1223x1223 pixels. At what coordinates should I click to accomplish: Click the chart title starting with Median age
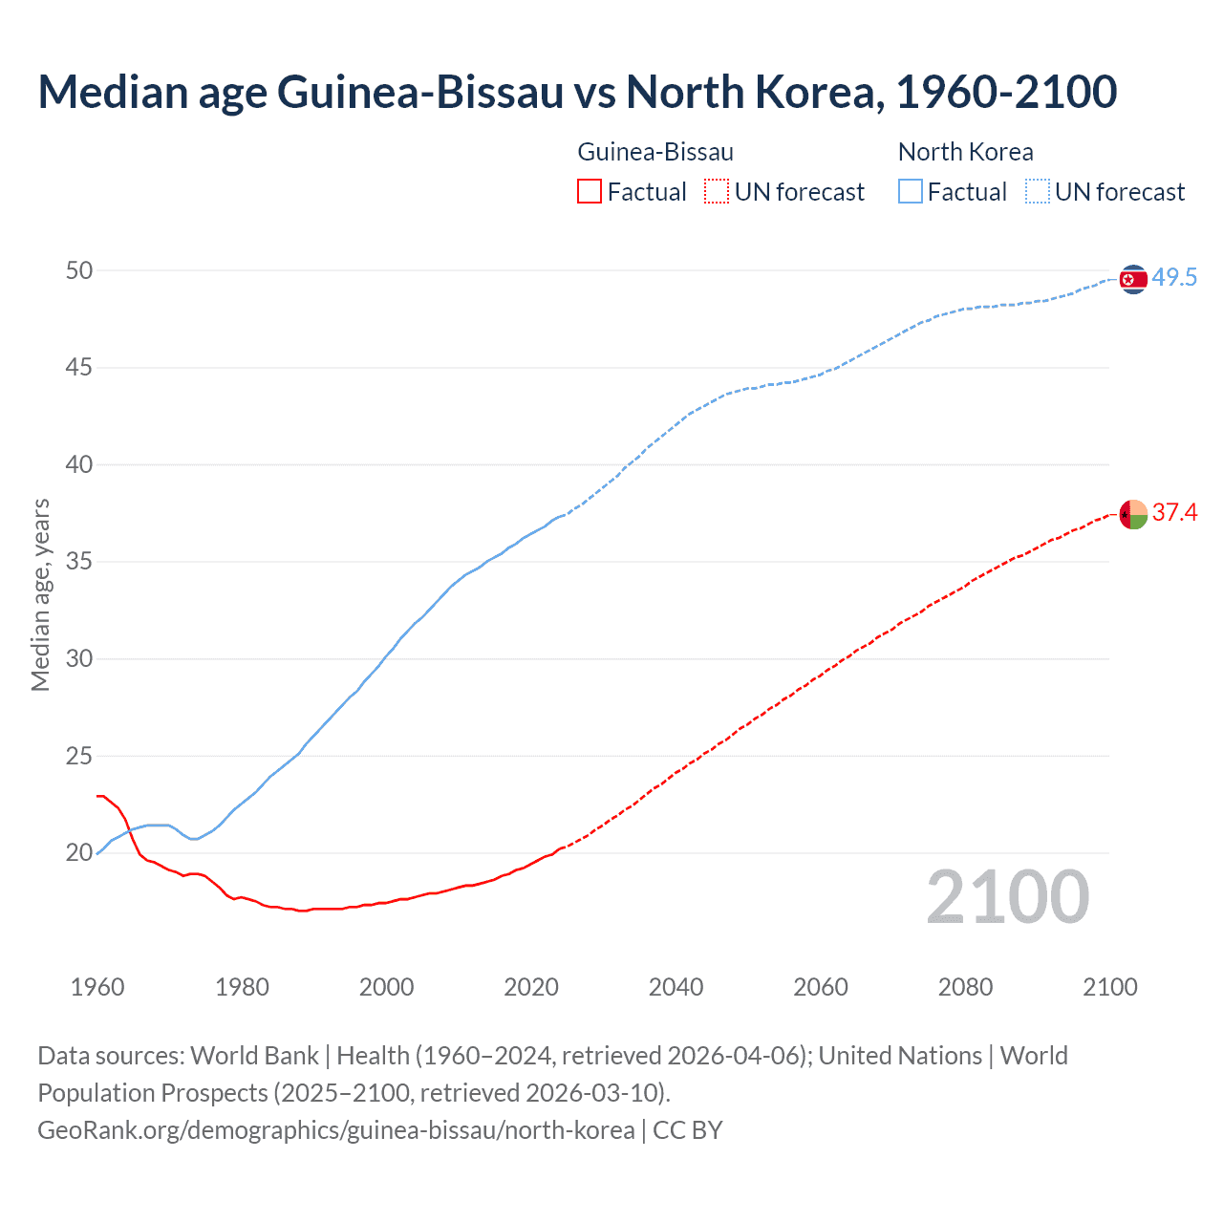click(577, 92)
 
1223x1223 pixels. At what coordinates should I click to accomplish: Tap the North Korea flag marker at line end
click(1132, 279)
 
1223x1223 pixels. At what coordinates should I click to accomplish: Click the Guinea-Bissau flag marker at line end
click(1132, 514)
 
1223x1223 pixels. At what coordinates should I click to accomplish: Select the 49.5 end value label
click(1174, 278)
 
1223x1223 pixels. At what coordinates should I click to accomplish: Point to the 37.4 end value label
click(1174, 513)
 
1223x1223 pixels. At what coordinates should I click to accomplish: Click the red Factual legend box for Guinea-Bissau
click(590, 192)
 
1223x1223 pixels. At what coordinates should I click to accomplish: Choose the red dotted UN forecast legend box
click(717, 192)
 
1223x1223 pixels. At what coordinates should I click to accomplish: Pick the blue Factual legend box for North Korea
click(910, 192)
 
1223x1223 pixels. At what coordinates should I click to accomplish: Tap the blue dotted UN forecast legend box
click(1037, 192)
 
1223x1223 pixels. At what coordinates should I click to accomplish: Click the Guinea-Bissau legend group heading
click(655, 152)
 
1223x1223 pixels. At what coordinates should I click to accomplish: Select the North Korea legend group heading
click(965, 152)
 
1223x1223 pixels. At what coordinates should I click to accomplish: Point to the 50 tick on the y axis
click(79, 270)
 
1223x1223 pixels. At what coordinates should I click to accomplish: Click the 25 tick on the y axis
click(79, 756)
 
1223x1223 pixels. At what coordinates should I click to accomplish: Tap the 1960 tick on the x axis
click(97, 987)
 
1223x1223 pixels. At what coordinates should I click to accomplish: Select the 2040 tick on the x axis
click(676, 987)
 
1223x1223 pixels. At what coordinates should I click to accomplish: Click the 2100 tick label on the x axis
click(1109, 987)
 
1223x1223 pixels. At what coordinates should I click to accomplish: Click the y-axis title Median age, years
click(40, 594)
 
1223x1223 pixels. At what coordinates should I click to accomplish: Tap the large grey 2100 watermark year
click(1007, 896)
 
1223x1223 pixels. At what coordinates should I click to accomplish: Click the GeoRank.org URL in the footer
click(335, 1130)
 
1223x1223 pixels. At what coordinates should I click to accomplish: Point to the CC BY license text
click(688, 1130)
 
